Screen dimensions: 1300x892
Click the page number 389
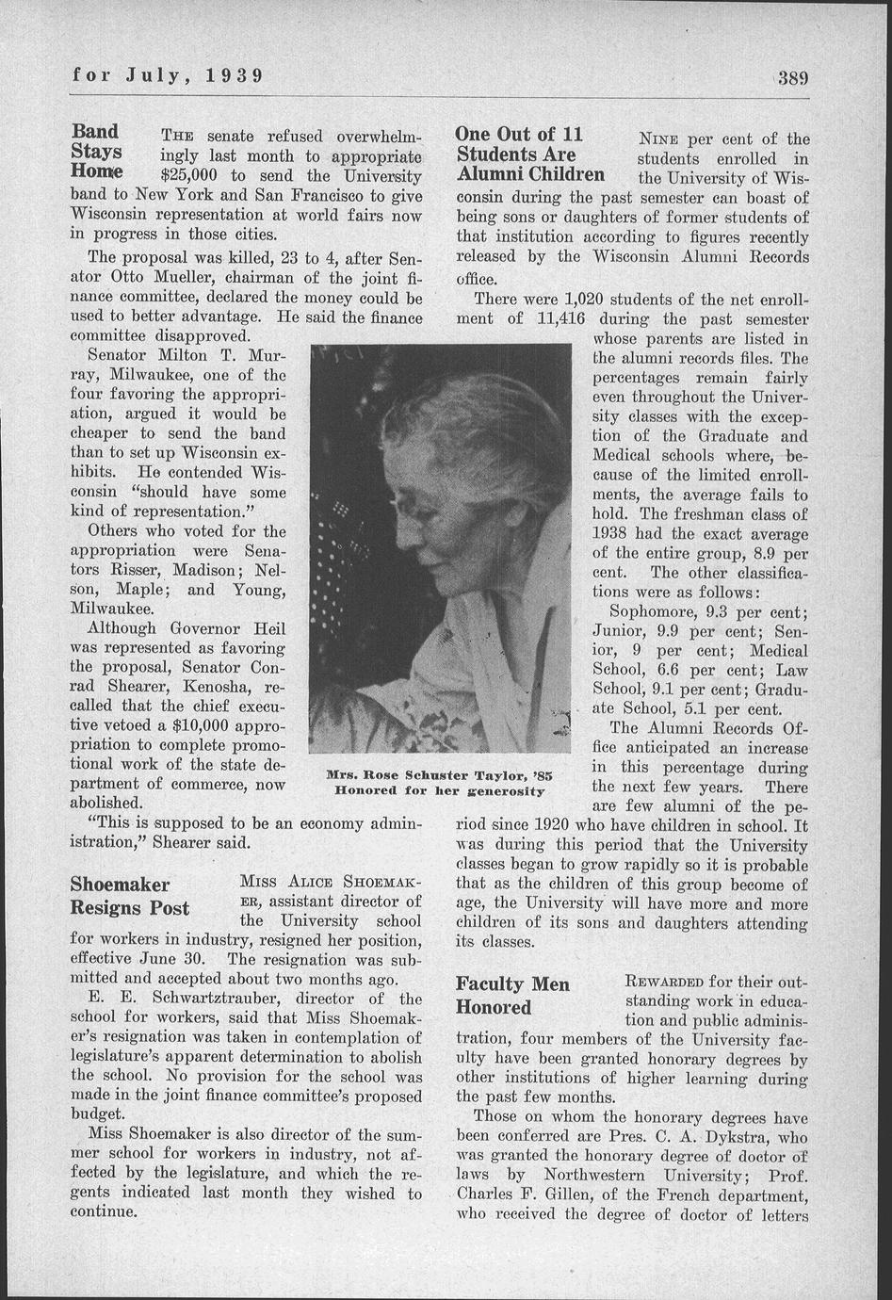794,76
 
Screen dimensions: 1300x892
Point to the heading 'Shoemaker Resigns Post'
129,896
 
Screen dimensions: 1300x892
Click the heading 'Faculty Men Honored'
512,995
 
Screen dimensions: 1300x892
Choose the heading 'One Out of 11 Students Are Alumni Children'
530,154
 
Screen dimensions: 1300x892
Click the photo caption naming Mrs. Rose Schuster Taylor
438,774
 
